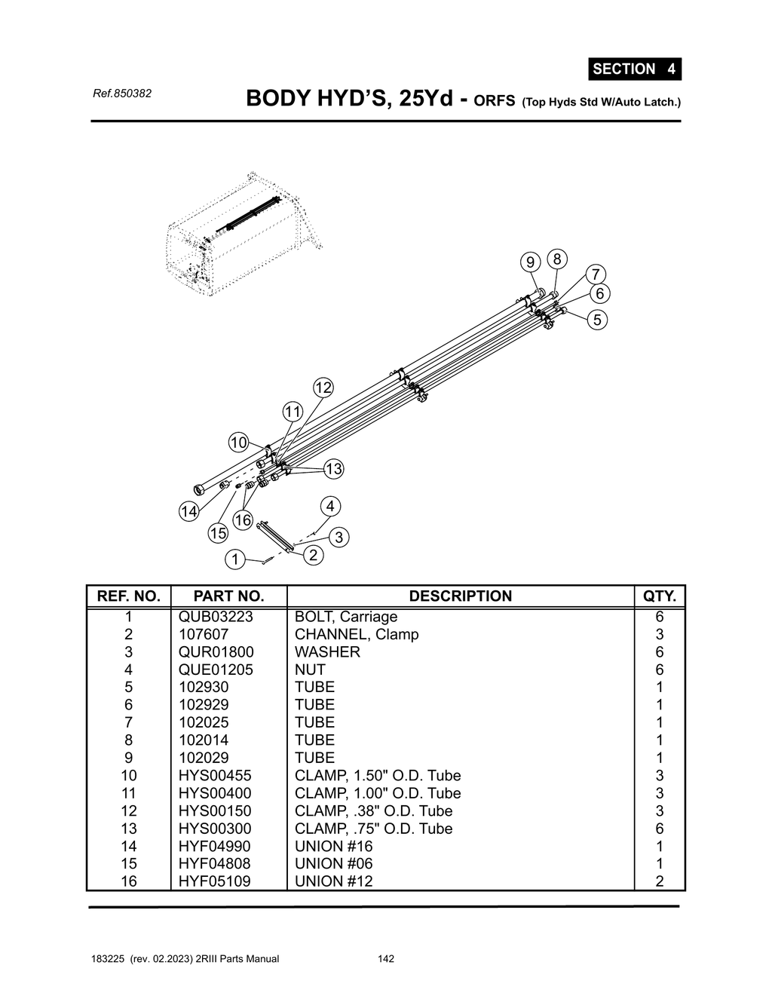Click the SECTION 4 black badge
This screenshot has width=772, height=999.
point(634,69)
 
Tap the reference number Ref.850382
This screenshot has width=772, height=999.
point(121,93)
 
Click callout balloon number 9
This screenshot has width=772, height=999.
point(531,262)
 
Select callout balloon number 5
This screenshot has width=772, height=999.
point(597,320)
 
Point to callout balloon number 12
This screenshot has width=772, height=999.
point(323,388)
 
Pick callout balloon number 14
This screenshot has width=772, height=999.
point(188,512)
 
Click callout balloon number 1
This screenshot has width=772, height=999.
point(235,559)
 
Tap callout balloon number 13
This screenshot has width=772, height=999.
point(333,469)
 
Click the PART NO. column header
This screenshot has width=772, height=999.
point(228,596)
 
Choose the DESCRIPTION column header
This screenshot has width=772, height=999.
point(460,596)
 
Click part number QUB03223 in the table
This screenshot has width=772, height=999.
point(216,617)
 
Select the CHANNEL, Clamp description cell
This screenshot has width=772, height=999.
point(357,634)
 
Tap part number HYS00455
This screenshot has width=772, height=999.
point(215,776)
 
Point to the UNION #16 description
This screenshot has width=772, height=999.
point(333,846)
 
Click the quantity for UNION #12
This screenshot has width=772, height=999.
point(659,881)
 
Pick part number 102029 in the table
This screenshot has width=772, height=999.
point(204,758)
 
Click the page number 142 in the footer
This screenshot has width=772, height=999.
point(386,959)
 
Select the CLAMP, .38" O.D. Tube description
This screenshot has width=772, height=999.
point(373,811)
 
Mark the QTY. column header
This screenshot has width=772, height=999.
point(659,596)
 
